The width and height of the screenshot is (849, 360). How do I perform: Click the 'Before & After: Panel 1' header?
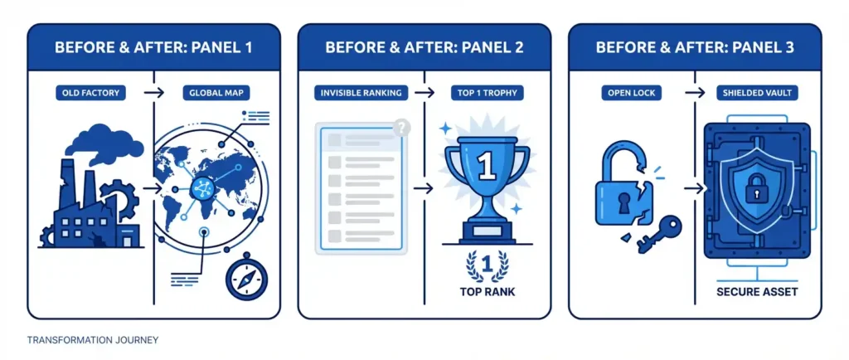pyautogui.click(x=153, y=47)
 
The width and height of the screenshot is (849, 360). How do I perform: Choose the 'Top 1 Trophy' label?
pyautogui.click(x=486, y=93)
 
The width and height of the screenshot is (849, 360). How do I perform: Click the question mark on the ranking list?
pyautogui.click(x=403, y=128)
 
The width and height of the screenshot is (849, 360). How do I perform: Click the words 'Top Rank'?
pyautogui.click(x=487, y=292)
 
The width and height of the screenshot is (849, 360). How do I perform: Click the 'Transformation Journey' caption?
pyautogui.click(x=92, y=340)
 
